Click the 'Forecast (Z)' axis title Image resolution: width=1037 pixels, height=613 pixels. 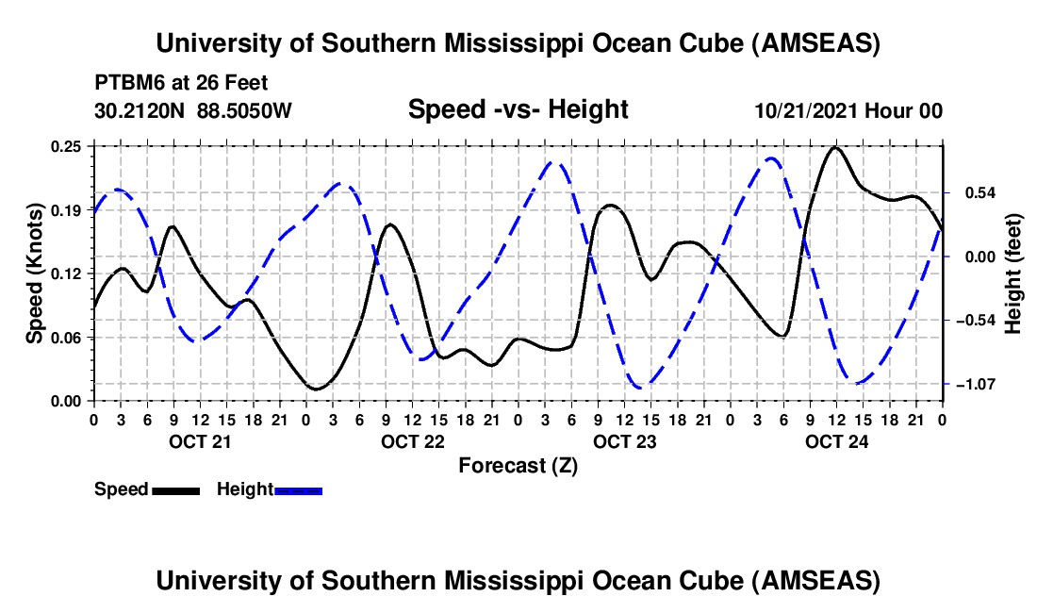518,465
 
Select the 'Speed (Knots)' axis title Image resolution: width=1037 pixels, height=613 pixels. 35,273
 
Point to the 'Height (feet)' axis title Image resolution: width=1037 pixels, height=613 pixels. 1013,273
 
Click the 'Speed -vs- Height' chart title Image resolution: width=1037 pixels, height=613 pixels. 518,110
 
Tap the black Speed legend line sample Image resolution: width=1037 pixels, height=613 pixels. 175,490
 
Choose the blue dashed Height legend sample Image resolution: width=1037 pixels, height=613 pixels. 299,490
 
